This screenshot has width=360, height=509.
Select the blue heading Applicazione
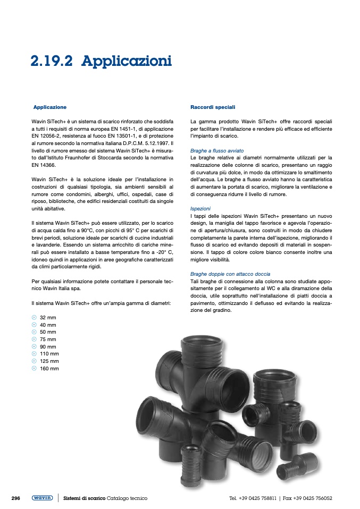click(x=50, y=107)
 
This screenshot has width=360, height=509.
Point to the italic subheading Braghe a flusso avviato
click(x=217, y=151)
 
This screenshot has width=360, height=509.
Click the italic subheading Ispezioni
click(x=201, y=209)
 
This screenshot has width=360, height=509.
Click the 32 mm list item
click(x=48, y=317)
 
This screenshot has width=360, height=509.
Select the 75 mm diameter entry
click(x=48, y=339)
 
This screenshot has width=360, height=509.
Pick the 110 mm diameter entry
click(x=49, y=353)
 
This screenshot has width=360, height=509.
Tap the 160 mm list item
click(x=49, y=368)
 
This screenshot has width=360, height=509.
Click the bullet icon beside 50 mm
click(x=34, y=332)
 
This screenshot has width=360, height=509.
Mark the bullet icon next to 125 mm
click(x=34, y=361)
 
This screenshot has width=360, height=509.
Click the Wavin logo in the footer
click(x=42, y=498)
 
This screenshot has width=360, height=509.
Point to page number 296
click(x=16, y=498)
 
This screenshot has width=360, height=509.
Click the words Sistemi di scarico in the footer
click(x=84, y=498)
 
